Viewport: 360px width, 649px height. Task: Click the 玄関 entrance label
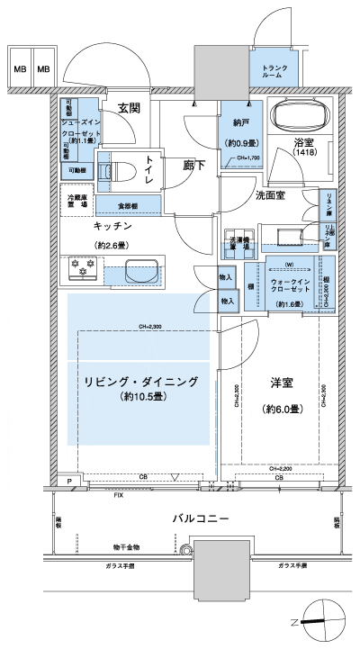coord(128,108)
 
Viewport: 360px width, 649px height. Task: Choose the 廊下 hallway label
coord(194,165)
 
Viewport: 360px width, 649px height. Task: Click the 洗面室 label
coord(270,194)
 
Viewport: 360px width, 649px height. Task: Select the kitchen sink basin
coord(142,270)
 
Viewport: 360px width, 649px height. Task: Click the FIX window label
coord(118,495)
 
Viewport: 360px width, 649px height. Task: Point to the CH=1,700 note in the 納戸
coord(247,159)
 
